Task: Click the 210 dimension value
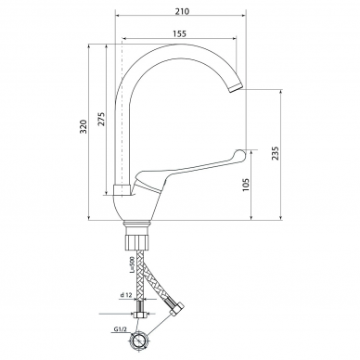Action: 182,11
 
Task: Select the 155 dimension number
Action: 180,33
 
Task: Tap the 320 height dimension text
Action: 84,126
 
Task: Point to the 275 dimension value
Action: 101,119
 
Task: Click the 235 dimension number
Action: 275,153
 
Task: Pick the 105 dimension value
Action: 246,185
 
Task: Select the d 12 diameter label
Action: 126,295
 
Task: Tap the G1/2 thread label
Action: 120,329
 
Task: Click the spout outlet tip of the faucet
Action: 236,87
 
